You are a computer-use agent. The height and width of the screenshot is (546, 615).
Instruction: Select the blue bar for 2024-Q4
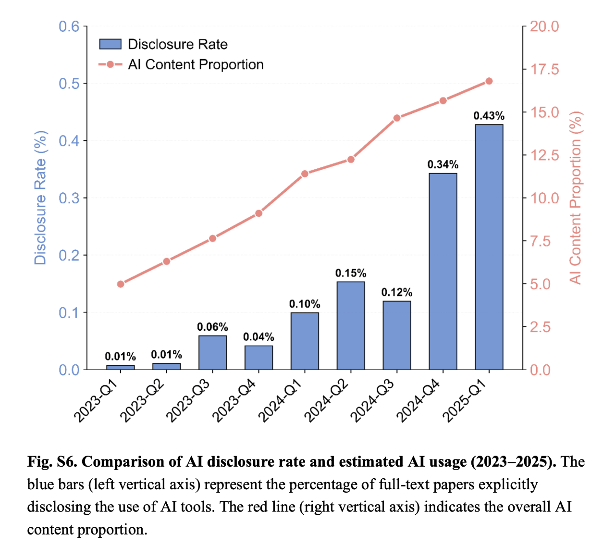443,271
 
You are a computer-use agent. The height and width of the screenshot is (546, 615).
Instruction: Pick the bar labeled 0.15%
351,325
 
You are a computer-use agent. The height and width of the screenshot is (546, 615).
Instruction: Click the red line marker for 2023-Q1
121,284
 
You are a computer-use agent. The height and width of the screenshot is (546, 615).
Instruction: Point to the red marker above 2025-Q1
489,81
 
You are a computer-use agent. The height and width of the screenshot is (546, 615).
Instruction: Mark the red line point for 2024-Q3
397,118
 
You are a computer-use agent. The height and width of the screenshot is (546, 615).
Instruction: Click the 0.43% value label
489,116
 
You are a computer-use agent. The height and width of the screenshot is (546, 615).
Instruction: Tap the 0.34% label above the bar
443,164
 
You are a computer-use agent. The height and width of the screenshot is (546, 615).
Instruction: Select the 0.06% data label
212,327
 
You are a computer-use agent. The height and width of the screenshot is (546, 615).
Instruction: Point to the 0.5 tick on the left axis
69,84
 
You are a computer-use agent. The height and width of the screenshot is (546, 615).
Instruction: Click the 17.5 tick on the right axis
544,70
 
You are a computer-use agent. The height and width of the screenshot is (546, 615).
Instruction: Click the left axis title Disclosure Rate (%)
40,198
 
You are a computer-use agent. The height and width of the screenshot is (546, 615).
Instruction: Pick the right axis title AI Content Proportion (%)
576,198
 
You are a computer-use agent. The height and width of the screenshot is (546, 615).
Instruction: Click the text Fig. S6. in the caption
52,462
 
